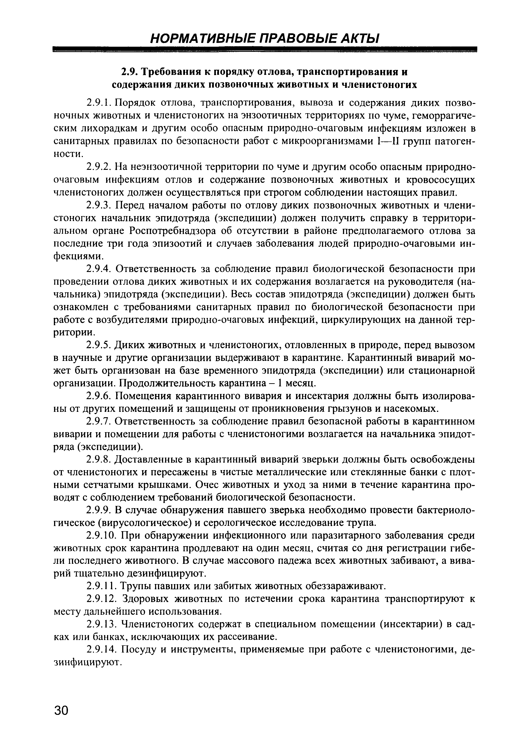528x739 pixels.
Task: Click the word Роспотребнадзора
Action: point(172,231)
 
